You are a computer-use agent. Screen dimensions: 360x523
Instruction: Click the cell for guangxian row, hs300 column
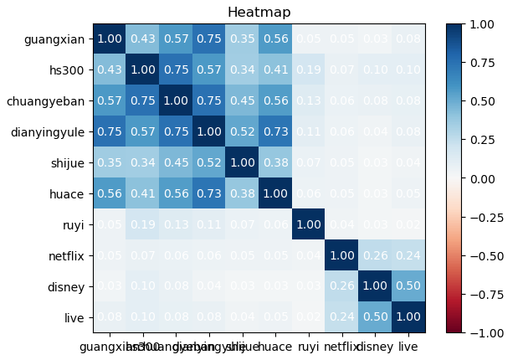[141, 39]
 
